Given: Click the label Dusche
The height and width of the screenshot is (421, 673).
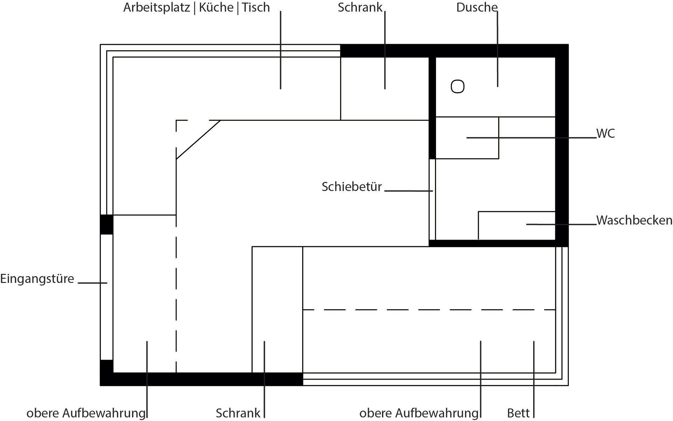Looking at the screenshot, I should (476, 7).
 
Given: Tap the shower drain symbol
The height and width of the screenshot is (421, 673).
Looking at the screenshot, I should (457, 87).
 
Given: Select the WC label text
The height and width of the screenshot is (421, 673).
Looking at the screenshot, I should (605, 133).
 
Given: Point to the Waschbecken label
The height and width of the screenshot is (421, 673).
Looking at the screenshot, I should (634, 220).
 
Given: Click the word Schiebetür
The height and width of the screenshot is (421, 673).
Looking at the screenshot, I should (352, 187).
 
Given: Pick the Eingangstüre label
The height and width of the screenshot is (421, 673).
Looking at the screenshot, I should (37, 279).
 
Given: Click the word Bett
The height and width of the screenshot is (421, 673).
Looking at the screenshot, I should (518, 413).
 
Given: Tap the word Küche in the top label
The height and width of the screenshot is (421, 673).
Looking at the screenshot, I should (216, 7).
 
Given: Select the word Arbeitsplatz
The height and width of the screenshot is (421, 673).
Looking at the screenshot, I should (156, 7).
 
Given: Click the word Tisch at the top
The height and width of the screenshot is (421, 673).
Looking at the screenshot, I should (256, 7).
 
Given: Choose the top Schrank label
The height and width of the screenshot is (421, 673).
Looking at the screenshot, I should (360, 7).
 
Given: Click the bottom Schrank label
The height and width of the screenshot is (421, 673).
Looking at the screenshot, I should (238, 413).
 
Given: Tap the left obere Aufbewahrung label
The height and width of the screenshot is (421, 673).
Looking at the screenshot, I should (86, 413).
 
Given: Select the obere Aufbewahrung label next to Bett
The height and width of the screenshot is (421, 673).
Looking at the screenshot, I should (419, 413).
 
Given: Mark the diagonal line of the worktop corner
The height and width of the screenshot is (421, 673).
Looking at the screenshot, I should (198, 140).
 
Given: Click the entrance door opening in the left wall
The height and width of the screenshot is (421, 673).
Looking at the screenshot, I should (107, 297).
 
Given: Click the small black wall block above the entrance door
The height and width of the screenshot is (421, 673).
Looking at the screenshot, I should (107, 225).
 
